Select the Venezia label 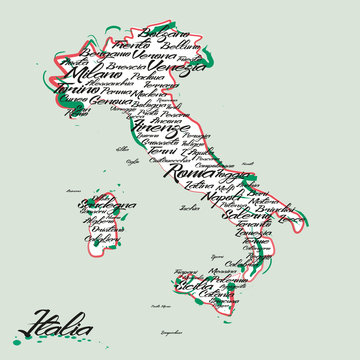click(x=183, y=68)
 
